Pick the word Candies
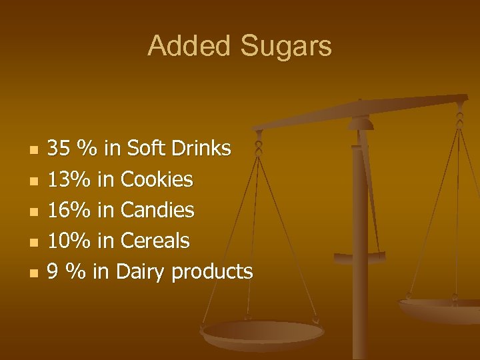click(x=157, y=210)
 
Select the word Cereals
click(x=155, y=241)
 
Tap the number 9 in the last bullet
click(x=53, y=272)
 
